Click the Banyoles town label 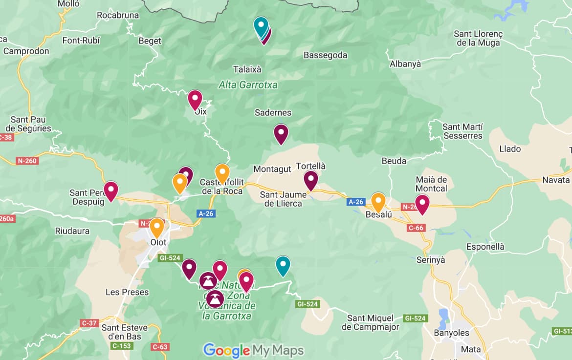coord(451,333)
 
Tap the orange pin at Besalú coord(378,202)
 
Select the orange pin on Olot coord(156,227)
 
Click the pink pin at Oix coord(195,100)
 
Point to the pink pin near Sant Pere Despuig coord(111,191)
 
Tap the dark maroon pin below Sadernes coord(281,134)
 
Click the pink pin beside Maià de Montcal coord(422,204)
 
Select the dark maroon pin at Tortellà coord(311,180)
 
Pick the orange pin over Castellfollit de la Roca coord(222,173)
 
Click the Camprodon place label coord(26,51)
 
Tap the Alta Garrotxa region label coord(248,85)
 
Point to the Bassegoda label coord(325,55)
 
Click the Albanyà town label coord(405,64)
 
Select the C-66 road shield coord(416,228)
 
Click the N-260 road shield coord(27,160)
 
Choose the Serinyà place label coord(430,260)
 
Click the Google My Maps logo coord(253,350)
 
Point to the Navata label coord(556,180)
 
